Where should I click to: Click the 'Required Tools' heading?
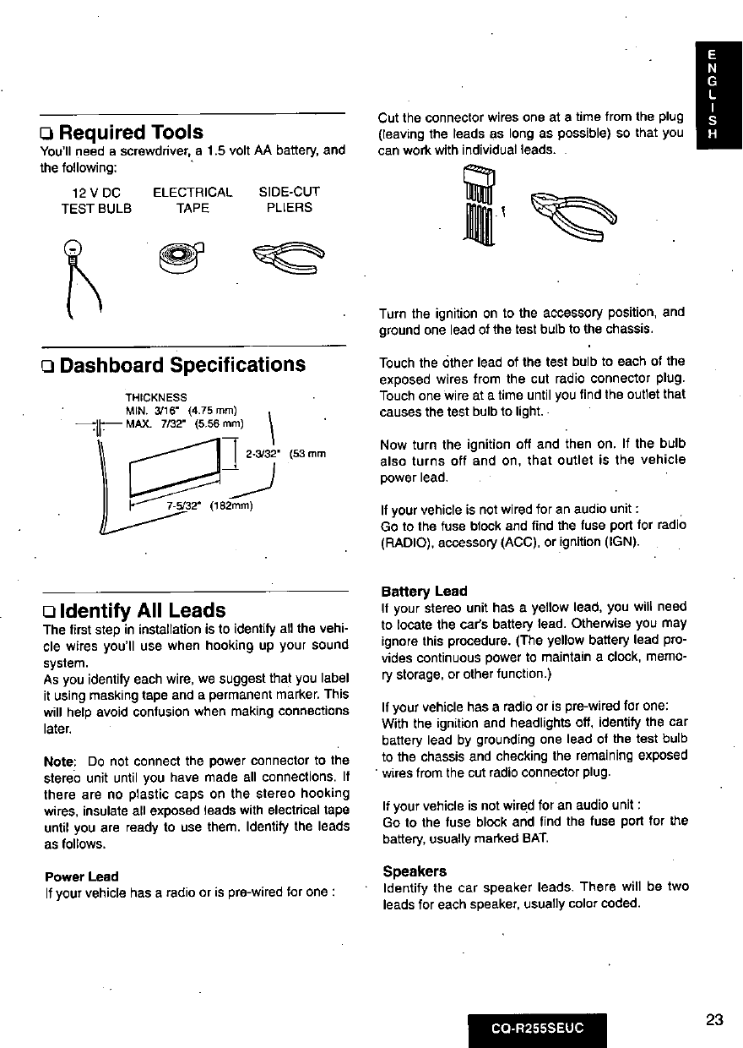coord(130,132)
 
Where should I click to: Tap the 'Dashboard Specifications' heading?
coord(182,364)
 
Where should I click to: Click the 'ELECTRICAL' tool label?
coord(193,192)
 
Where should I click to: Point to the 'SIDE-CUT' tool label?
coord(289,192)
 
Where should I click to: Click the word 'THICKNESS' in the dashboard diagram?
coord(156,396)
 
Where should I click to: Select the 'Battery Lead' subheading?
coord(424,591)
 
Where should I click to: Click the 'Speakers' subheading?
coord(415,871)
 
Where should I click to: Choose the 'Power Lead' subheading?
coord(81,876)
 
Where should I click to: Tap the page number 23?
coord(714,1019)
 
